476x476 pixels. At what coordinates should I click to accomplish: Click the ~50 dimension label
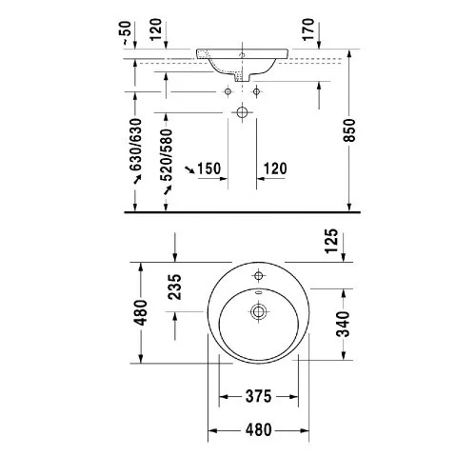point(127,32)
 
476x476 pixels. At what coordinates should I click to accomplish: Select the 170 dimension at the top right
point(308,30)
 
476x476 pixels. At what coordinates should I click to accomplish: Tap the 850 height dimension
point(350,130)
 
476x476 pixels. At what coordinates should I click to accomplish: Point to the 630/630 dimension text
point(136,145)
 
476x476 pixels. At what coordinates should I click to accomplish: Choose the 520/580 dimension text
point(167,155)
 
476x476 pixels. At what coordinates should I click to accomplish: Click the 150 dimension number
point(208,169)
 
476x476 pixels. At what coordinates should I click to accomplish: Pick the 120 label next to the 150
point(275,169)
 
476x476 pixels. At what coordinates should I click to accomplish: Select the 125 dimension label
point(331,241)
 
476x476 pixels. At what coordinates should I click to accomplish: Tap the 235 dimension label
point(174,288)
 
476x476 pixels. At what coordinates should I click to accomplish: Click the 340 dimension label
point(343,324)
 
